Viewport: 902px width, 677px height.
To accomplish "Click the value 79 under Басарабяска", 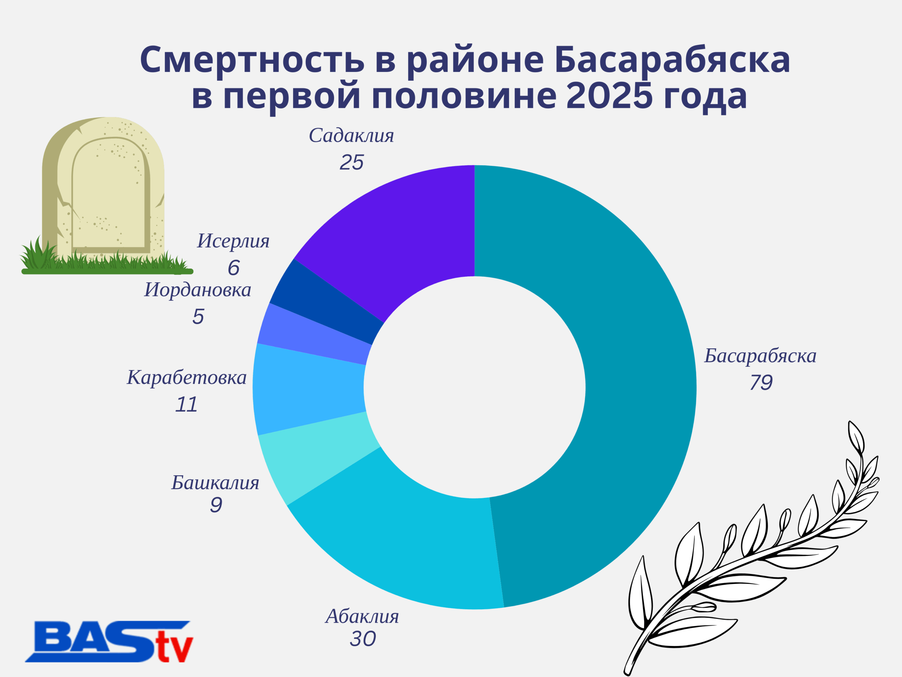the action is point(761,382).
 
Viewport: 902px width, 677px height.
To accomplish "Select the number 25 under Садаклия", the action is point(352,163).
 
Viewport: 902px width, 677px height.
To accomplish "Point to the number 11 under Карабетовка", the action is point(186,404).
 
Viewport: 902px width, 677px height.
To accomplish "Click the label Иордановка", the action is point(198,290).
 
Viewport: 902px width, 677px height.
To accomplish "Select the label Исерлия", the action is point(233,241).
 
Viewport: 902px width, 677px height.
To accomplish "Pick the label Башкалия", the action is point(215,483).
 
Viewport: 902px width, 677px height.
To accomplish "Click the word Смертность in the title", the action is point(252,60).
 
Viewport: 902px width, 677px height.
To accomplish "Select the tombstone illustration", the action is point(104,196).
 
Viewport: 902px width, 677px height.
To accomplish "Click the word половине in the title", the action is point(464,97).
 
